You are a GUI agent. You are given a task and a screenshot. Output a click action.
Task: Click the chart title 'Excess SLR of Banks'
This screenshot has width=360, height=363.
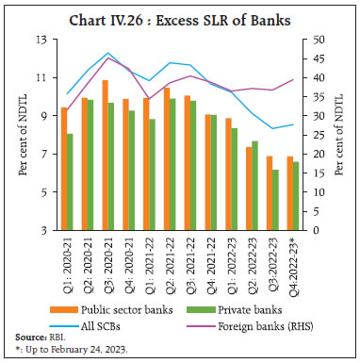(180, 14)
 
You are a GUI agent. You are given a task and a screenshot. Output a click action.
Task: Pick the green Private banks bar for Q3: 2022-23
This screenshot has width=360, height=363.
(276, 199)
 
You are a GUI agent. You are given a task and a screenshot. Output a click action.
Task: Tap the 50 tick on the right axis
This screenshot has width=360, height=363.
(318, 40)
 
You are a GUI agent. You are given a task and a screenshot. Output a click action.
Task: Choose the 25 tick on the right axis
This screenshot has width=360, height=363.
(318, 135)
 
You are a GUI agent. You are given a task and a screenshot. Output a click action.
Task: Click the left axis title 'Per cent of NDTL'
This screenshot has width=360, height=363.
(16, 135)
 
